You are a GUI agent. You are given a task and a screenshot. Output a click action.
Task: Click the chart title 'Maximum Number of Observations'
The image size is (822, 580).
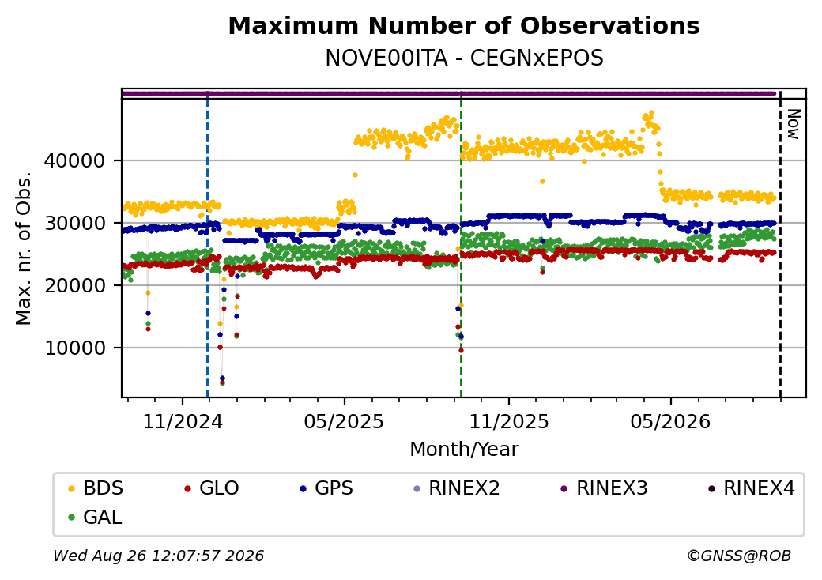click(464, 25)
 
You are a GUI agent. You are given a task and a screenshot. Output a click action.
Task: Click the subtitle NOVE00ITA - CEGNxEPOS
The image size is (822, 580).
click(464, 58)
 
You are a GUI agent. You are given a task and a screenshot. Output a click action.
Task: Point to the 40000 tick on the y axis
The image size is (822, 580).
click(75, 161)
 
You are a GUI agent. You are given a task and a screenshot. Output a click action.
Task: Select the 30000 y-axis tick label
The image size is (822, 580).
click(75, 223)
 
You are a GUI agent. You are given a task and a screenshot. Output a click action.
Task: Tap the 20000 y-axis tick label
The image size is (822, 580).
click(75, 285)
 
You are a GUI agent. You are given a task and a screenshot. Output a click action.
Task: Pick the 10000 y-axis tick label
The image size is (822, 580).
click(75, 348)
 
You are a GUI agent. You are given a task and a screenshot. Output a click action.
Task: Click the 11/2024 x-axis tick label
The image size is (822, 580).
click(183, 422)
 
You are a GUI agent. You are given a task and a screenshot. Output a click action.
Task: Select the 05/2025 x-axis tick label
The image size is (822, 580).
click(345, 422)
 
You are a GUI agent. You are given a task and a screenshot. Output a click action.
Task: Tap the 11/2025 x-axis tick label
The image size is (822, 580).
click(508, 422)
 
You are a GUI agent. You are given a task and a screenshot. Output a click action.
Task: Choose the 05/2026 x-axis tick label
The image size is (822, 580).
click(670, 422)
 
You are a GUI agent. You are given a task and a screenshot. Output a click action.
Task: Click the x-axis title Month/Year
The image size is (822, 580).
click(464, 450)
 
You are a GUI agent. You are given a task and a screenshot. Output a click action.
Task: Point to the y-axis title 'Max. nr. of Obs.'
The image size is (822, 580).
click(24, 248)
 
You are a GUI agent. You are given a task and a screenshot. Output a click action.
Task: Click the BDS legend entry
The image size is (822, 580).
click(96, 488)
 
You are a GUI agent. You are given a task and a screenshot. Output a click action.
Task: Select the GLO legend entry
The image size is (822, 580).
click(212, 488)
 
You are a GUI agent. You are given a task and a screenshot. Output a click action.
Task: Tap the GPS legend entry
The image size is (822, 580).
click(326, 488)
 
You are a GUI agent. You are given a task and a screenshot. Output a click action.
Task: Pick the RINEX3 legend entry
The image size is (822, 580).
click(605, 488)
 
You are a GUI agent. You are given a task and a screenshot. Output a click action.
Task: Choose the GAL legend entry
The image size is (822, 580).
click(96, 517)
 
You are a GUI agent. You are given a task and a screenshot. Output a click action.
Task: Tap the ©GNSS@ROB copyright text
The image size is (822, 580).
click(739, 556)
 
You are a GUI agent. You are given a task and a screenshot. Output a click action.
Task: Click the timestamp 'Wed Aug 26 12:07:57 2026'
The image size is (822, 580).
click(159, 556)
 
